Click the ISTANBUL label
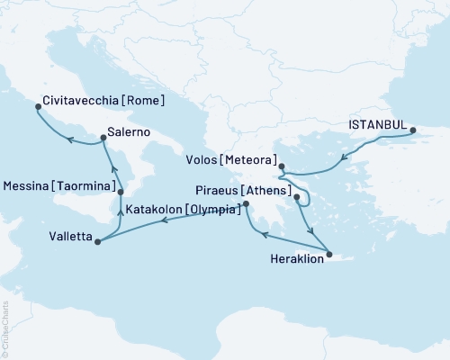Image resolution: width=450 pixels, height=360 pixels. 376,127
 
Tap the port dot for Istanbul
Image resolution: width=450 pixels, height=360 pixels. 413,131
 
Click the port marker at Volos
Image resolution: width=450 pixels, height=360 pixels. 281,166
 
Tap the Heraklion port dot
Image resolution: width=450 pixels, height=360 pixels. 329,255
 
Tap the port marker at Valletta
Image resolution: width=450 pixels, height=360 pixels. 96,240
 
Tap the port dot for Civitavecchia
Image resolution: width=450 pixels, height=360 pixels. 38,106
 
